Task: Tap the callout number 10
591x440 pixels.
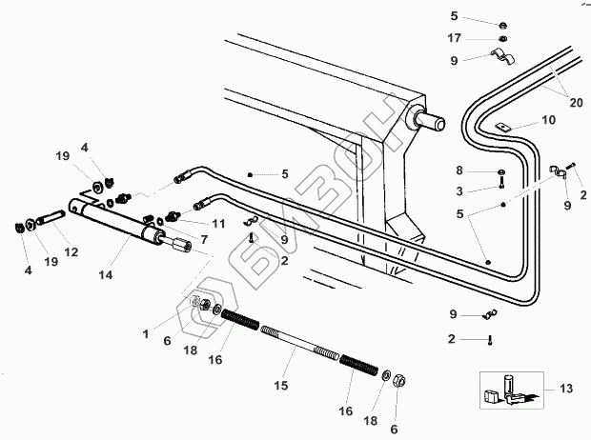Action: [547, 120]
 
